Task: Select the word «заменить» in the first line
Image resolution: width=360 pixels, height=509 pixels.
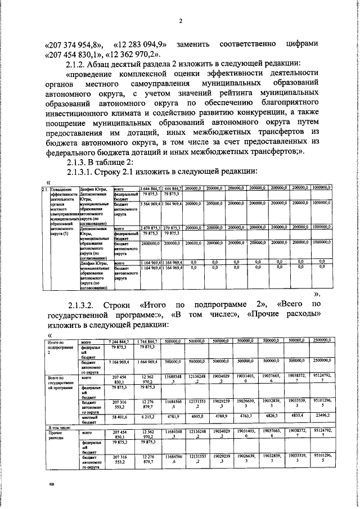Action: coord(192,44)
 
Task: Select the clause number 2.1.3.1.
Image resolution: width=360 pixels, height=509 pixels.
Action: coord(86,171)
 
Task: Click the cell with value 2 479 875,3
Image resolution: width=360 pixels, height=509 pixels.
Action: coord(150,229)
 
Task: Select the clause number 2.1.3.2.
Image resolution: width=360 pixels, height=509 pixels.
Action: coord(86,304)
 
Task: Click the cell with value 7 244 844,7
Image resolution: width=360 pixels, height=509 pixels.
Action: coord(119,341)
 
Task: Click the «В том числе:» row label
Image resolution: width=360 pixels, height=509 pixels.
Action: coord(61,428)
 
